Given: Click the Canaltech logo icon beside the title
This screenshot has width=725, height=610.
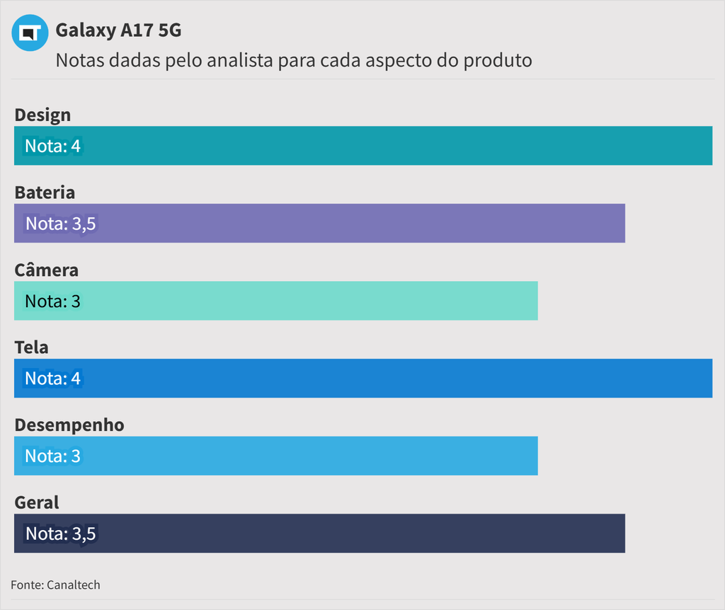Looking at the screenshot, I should pos(30,33).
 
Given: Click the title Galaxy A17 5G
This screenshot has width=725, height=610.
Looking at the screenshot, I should pos(118,30).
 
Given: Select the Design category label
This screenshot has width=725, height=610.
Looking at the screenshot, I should pos(42,115).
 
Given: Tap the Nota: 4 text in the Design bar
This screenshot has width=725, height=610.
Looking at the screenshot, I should pos(53,146).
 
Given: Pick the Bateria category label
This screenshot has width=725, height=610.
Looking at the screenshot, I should pos(45,192).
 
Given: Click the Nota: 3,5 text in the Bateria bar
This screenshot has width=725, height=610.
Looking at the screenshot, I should pos(60,224).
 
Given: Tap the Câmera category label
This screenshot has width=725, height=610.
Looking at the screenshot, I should pos(46,270).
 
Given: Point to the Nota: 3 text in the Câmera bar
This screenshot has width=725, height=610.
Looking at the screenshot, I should pos(52,301).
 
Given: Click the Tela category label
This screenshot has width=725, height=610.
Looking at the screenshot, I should pos(31,347).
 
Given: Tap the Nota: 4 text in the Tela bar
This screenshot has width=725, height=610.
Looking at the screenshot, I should pos(53,379).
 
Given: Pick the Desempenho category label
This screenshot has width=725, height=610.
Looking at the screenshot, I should pos(69,425).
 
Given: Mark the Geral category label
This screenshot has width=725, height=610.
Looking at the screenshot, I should pos(37,502).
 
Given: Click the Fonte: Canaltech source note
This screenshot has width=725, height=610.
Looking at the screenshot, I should pos(55,585).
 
